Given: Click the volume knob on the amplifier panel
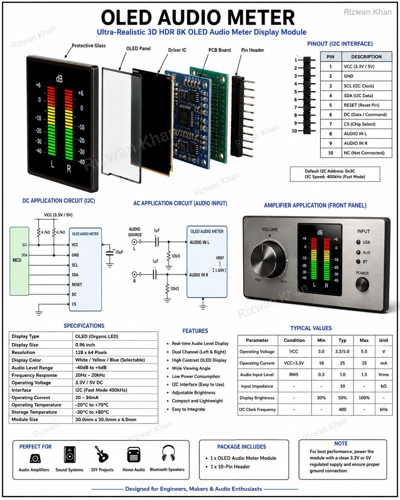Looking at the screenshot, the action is point(268,260).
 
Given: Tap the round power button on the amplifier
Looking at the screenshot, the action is point(362,284).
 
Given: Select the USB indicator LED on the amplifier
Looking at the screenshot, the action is point(358,242).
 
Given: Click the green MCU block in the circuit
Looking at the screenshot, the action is point(19,261).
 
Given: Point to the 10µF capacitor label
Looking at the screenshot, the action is point(119,252).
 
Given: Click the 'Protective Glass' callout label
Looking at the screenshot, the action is point(89,46).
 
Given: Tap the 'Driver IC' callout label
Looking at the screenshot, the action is point(177,50).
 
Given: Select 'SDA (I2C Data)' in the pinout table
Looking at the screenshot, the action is point(358,96).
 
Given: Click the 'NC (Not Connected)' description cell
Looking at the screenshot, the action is point(364,153).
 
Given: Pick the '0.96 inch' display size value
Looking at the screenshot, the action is point(85,345).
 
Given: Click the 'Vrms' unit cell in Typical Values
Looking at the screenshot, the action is point(384,374).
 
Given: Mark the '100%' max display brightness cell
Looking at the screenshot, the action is point(364,398).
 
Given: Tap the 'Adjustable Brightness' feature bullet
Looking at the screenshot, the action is point(194,393).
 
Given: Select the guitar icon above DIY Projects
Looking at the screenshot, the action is point(102,454).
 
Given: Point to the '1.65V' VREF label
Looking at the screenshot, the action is point(220,270).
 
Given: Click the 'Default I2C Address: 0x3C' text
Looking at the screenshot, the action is point(330,171).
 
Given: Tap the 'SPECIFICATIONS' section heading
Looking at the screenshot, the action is point(84,326).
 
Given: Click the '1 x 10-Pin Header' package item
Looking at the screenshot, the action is point(230,466).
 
